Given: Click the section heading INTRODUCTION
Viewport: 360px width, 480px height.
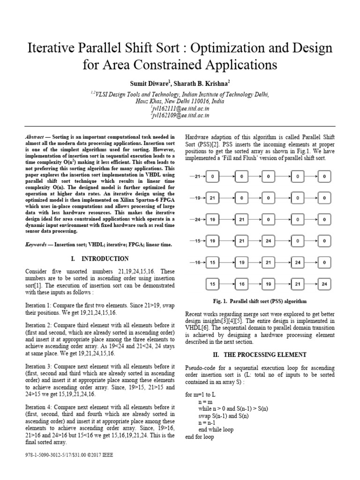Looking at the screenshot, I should coord(105,258).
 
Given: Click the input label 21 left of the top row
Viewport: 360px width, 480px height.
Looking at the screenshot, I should coord(198,176).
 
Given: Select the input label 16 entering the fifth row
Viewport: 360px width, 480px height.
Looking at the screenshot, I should coord(198,262).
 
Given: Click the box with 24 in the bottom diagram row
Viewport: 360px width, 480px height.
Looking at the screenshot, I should coord(324,284).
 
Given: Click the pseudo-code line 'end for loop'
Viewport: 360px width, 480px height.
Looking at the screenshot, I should coord(200,436).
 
